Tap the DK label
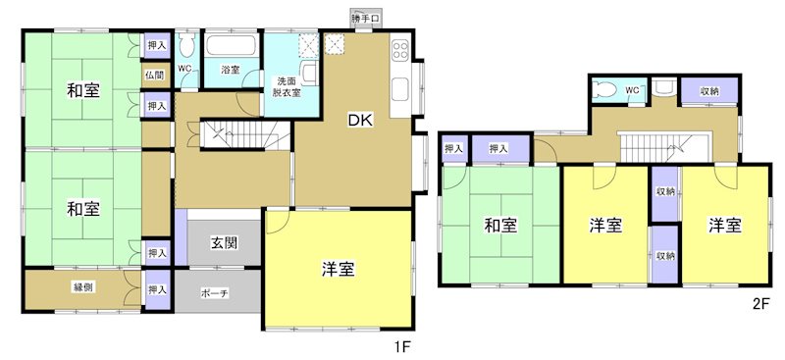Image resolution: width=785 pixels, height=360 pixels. [x=359, y=121]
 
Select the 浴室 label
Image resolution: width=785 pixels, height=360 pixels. [x=231, y=71]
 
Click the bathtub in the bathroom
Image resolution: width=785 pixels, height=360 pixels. [x=231, y=46]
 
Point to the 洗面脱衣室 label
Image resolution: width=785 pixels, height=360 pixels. [x=287, y=86]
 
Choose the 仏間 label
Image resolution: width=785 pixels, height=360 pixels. [x=155, y=75]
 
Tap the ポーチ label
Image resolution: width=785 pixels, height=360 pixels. [x=215, y=292]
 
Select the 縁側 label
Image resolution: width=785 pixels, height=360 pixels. [x=83, y=287]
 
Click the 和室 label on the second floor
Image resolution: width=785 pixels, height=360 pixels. [x=499, y=227]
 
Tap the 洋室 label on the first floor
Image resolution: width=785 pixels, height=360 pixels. [x=338, y=270]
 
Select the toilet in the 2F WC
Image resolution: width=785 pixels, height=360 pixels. [x=604, y=89]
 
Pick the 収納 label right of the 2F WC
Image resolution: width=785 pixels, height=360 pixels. [x=708, y=91]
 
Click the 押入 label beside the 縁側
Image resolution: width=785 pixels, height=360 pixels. [x=156, y=289]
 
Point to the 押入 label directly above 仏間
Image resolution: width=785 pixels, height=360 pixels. [x=156, y=45]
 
